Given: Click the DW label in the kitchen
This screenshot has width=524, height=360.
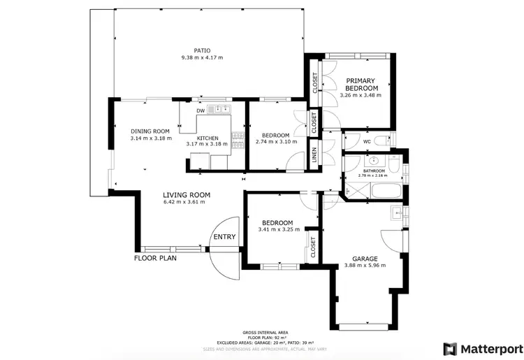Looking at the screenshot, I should click(x=201, y=110).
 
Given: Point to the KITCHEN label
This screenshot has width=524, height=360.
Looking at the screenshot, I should click(x=208, y=138).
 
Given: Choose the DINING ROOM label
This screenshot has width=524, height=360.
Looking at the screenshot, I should click(x=150, y=131).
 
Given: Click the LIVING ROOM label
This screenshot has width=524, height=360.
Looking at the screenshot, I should click(x=187, y=195).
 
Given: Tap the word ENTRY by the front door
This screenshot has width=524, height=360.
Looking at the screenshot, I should click(x=225, y=237).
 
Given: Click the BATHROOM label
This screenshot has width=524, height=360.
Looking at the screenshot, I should click(x=373, y=171).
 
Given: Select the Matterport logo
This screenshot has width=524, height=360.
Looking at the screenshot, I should click(x=483, y=347).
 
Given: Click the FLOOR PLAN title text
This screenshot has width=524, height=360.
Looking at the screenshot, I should click(x=155, y=258).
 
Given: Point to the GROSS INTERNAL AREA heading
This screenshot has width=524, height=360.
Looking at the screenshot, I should click(x=265, y=332).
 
